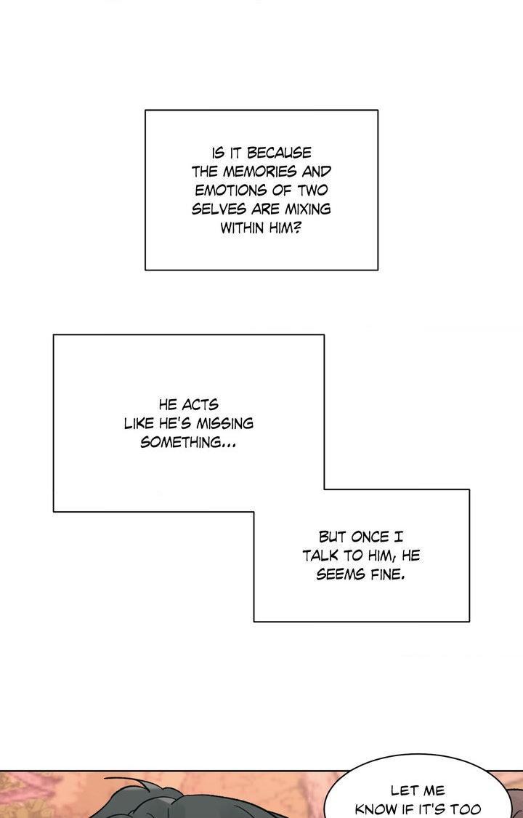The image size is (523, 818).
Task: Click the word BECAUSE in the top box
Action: (x=279, y=153)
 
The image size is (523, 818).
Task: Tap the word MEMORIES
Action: (x=255, y=172)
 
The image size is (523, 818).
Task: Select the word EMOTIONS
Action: (x=226, y=191)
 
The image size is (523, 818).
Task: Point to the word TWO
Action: (x=312, y=191)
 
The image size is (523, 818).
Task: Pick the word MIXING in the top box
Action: (x=307, y=209)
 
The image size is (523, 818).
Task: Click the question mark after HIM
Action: (x=297, y=228)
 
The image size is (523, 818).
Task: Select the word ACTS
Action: (x=200, y=405)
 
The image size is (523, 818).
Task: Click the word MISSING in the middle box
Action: (x=224, y=424)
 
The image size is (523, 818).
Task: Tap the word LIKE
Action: (x=139, y=424)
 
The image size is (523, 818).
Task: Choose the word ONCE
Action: (x=370, y=537)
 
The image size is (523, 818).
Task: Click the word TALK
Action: (x=320, y=556)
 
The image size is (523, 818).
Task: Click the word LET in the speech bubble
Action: (x=403, y=791)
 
